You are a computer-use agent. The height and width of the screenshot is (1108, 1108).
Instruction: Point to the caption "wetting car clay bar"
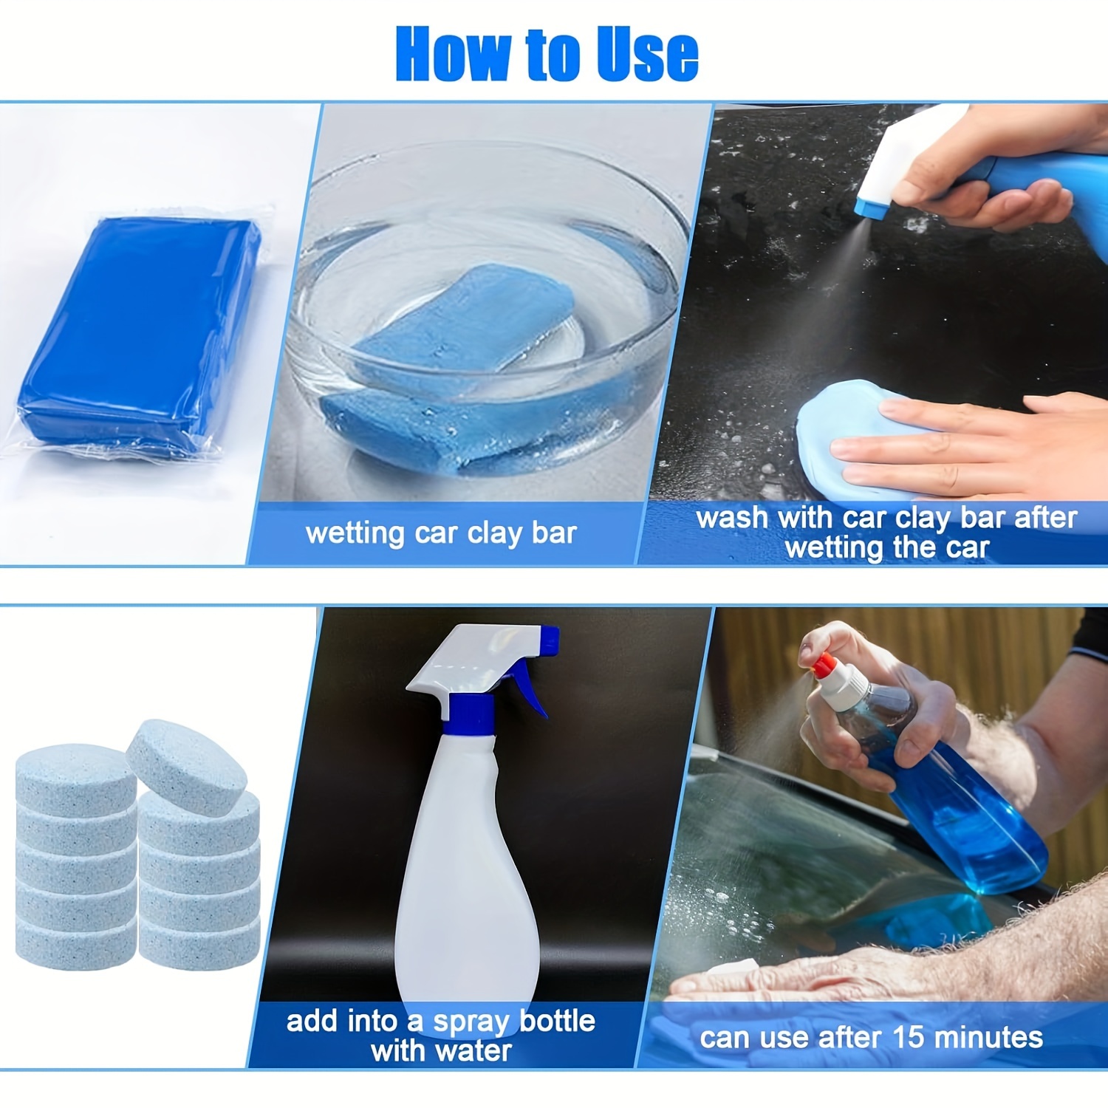441,533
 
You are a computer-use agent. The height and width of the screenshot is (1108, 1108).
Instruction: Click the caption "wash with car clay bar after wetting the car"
886,532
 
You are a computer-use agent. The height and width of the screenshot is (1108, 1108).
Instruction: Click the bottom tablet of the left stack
75,942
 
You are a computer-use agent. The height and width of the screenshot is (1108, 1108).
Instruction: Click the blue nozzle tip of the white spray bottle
550,639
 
